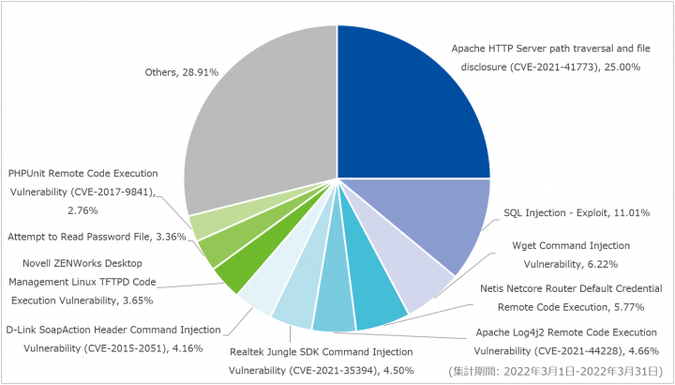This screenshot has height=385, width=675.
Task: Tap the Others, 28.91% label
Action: point(182,72)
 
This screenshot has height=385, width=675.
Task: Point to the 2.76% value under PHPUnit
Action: point(82,211)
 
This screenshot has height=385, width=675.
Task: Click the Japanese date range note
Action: point(555,371)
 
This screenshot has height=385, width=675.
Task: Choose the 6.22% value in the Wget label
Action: point(603,264)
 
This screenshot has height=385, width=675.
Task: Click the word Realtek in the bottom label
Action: point(245,352)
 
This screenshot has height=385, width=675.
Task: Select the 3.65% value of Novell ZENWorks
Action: point(138,300)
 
